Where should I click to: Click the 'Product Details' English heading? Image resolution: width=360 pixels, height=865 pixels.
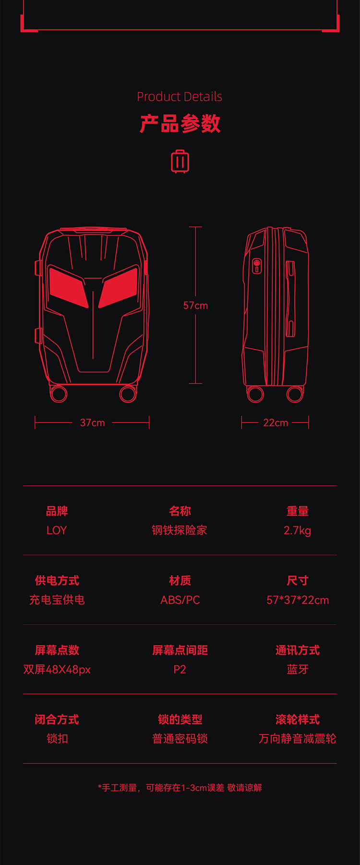pos(180,96)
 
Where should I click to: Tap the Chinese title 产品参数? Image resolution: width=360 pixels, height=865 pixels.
pos(180,124)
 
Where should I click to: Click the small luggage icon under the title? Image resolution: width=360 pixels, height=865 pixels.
pos(180,161)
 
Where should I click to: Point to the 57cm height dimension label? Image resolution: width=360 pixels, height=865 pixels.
pos(195,305)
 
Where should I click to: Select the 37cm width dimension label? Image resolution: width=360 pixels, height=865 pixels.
pos(92,423)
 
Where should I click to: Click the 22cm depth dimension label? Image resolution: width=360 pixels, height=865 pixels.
pos(276,423)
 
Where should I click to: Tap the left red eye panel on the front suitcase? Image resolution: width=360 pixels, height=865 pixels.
pos(68,286)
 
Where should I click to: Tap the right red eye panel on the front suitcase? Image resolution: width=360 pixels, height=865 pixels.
pos(119,286)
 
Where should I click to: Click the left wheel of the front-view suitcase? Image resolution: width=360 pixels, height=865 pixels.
pos(59,394)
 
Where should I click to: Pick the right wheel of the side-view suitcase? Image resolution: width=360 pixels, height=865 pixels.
pos(295,394)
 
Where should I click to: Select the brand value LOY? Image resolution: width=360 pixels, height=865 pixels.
pos(57,530)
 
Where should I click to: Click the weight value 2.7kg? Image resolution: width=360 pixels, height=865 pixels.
pos(297,530)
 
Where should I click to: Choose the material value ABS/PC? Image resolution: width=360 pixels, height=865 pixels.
pos(180,600)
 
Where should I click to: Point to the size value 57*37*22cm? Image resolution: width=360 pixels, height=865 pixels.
pos(298,600)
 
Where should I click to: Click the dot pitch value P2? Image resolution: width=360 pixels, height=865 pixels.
pos(180,669)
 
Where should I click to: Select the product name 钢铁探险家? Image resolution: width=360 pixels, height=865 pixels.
pos(180,530)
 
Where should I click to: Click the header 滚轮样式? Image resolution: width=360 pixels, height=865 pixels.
pos(298,719)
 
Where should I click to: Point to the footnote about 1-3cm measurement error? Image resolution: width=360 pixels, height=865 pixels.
pos(180,787)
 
